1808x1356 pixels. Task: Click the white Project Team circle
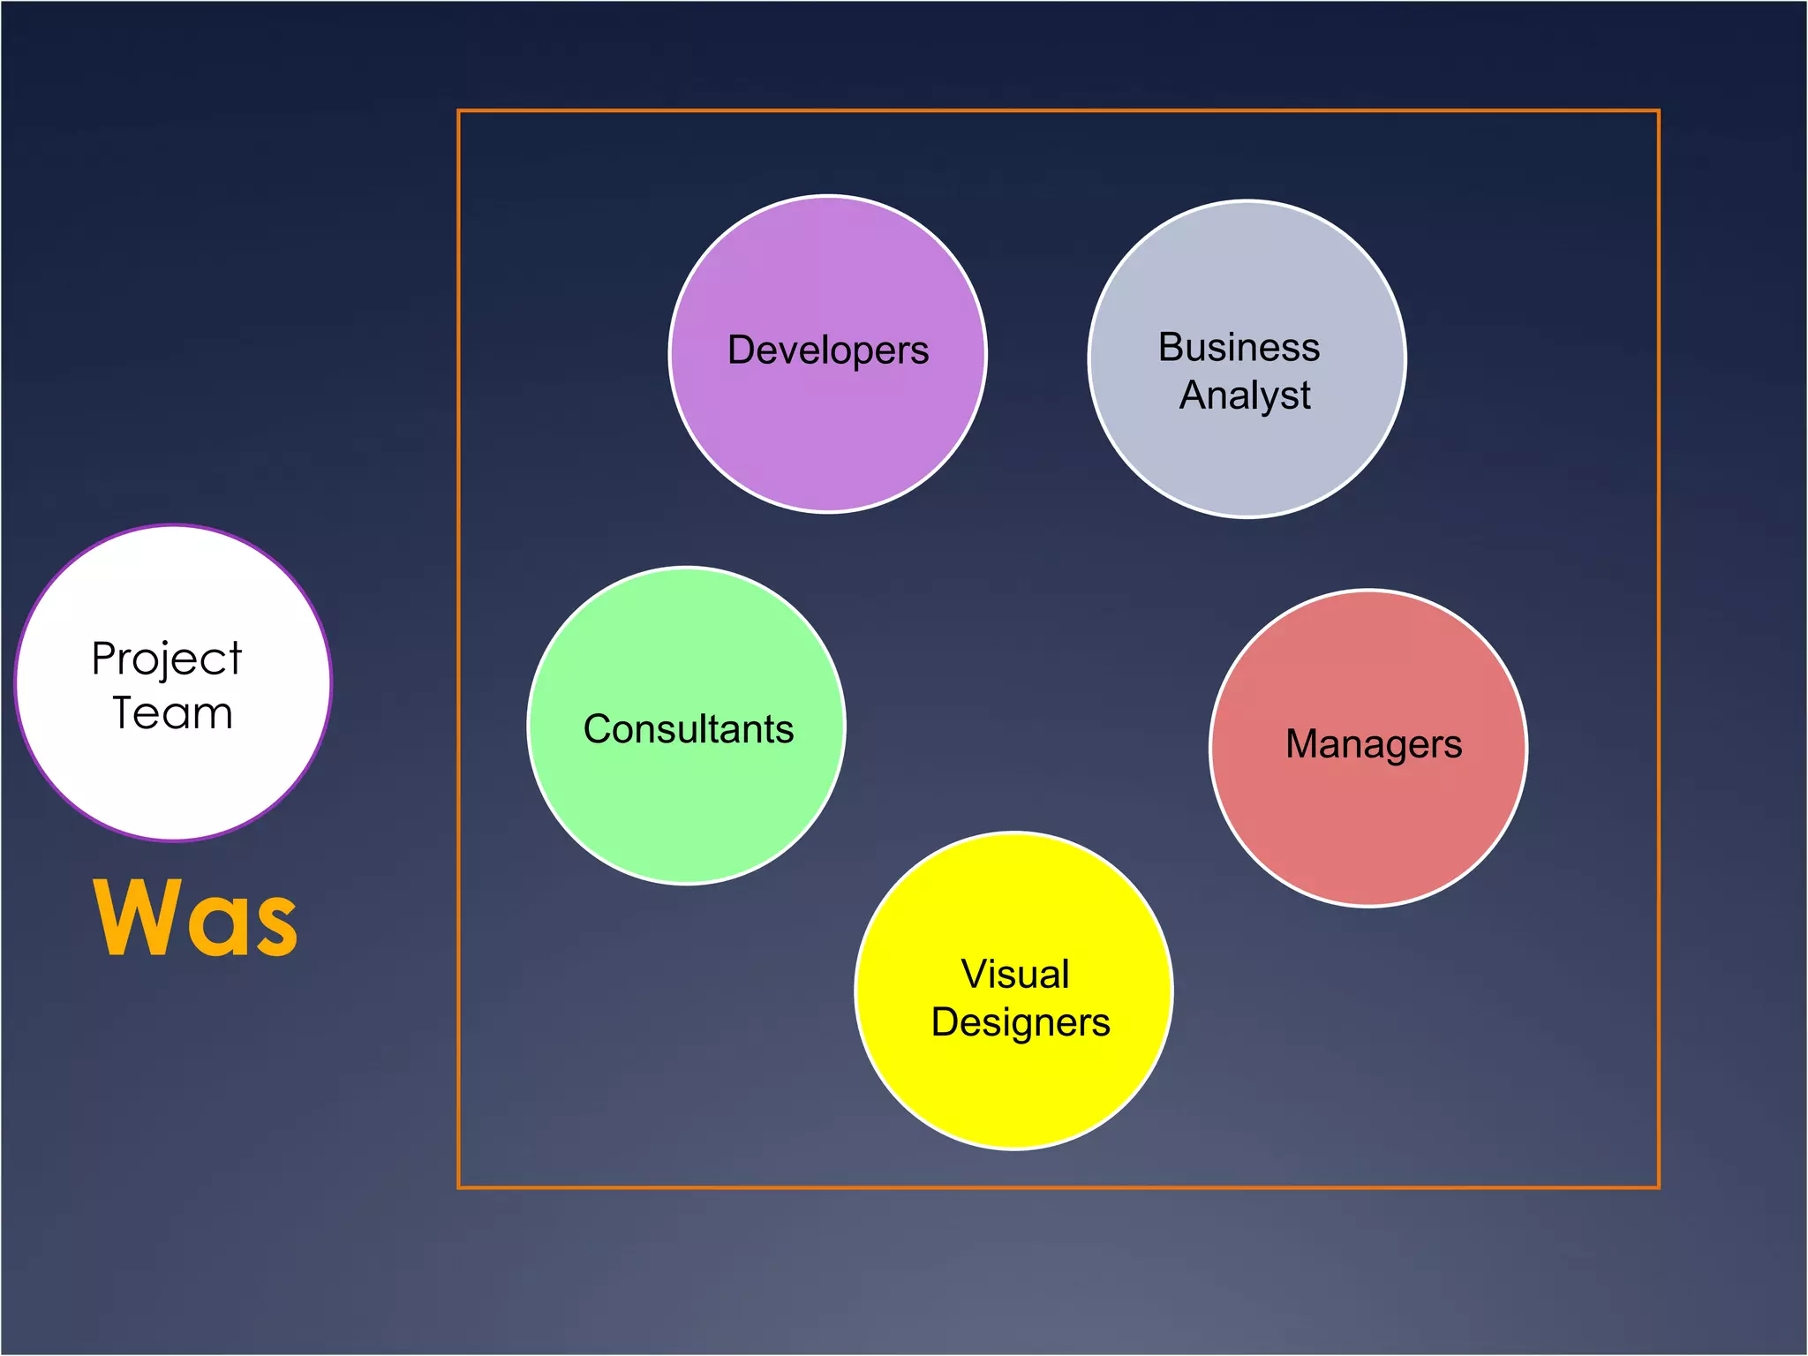[173, 777]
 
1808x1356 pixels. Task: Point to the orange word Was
[196, 918]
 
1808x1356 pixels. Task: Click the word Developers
[827, 350]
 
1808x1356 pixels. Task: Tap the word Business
[1239, 347]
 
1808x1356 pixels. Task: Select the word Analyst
[1245, 395]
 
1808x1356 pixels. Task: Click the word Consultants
[689, 729]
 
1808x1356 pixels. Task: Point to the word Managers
[1374, 744]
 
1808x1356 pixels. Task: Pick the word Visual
[1015, 975]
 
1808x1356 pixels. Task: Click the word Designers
[1021, 1023]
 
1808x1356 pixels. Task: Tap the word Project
[166, 659]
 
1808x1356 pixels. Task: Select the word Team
[173, 713]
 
